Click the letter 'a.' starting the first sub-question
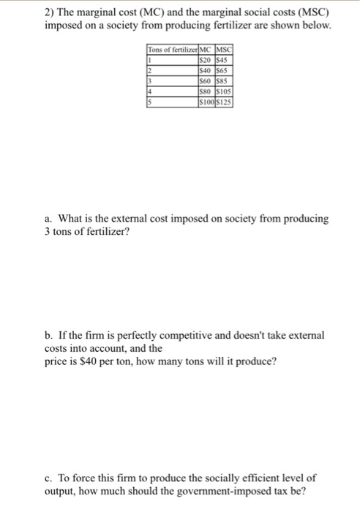[x=48, y=219]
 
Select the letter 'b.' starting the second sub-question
[x=49, y=334]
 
